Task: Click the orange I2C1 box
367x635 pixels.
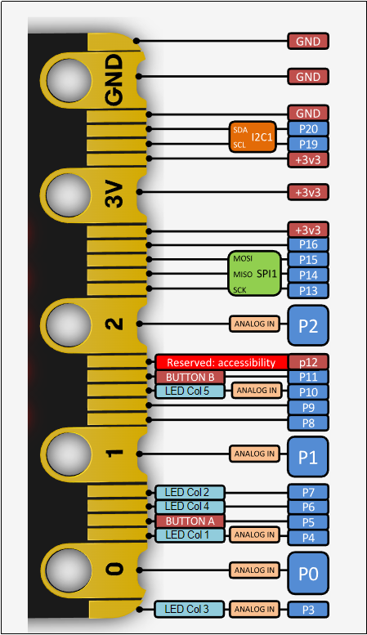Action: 253,136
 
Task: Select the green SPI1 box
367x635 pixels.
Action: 255,273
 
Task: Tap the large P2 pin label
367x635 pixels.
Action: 308,325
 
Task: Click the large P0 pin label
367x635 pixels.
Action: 308,574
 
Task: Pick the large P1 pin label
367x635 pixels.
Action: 308,457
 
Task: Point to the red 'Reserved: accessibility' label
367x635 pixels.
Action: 222,362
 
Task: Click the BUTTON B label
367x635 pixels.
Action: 190,377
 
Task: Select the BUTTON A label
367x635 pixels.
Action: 190,521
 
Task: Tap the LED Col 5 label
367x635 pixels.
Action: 190,391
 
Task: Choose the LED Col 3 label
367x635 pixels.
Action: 189,609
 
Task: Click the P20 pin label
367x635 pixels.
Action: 308,129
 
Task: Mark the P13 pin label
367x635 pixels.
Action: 308,291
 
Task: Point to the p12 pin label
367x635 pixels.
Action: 308,362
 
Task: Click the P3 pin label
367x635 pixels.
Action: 308,610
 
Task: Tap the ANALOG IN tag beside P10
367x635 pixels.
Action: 257,391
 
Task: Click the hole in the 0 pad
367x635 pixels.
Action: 68,570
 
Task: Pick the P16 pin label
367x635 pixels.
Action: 308,244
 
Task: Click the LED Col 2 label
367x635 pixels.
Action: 190,493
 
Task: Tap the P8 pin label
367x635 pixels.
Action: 308,423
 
